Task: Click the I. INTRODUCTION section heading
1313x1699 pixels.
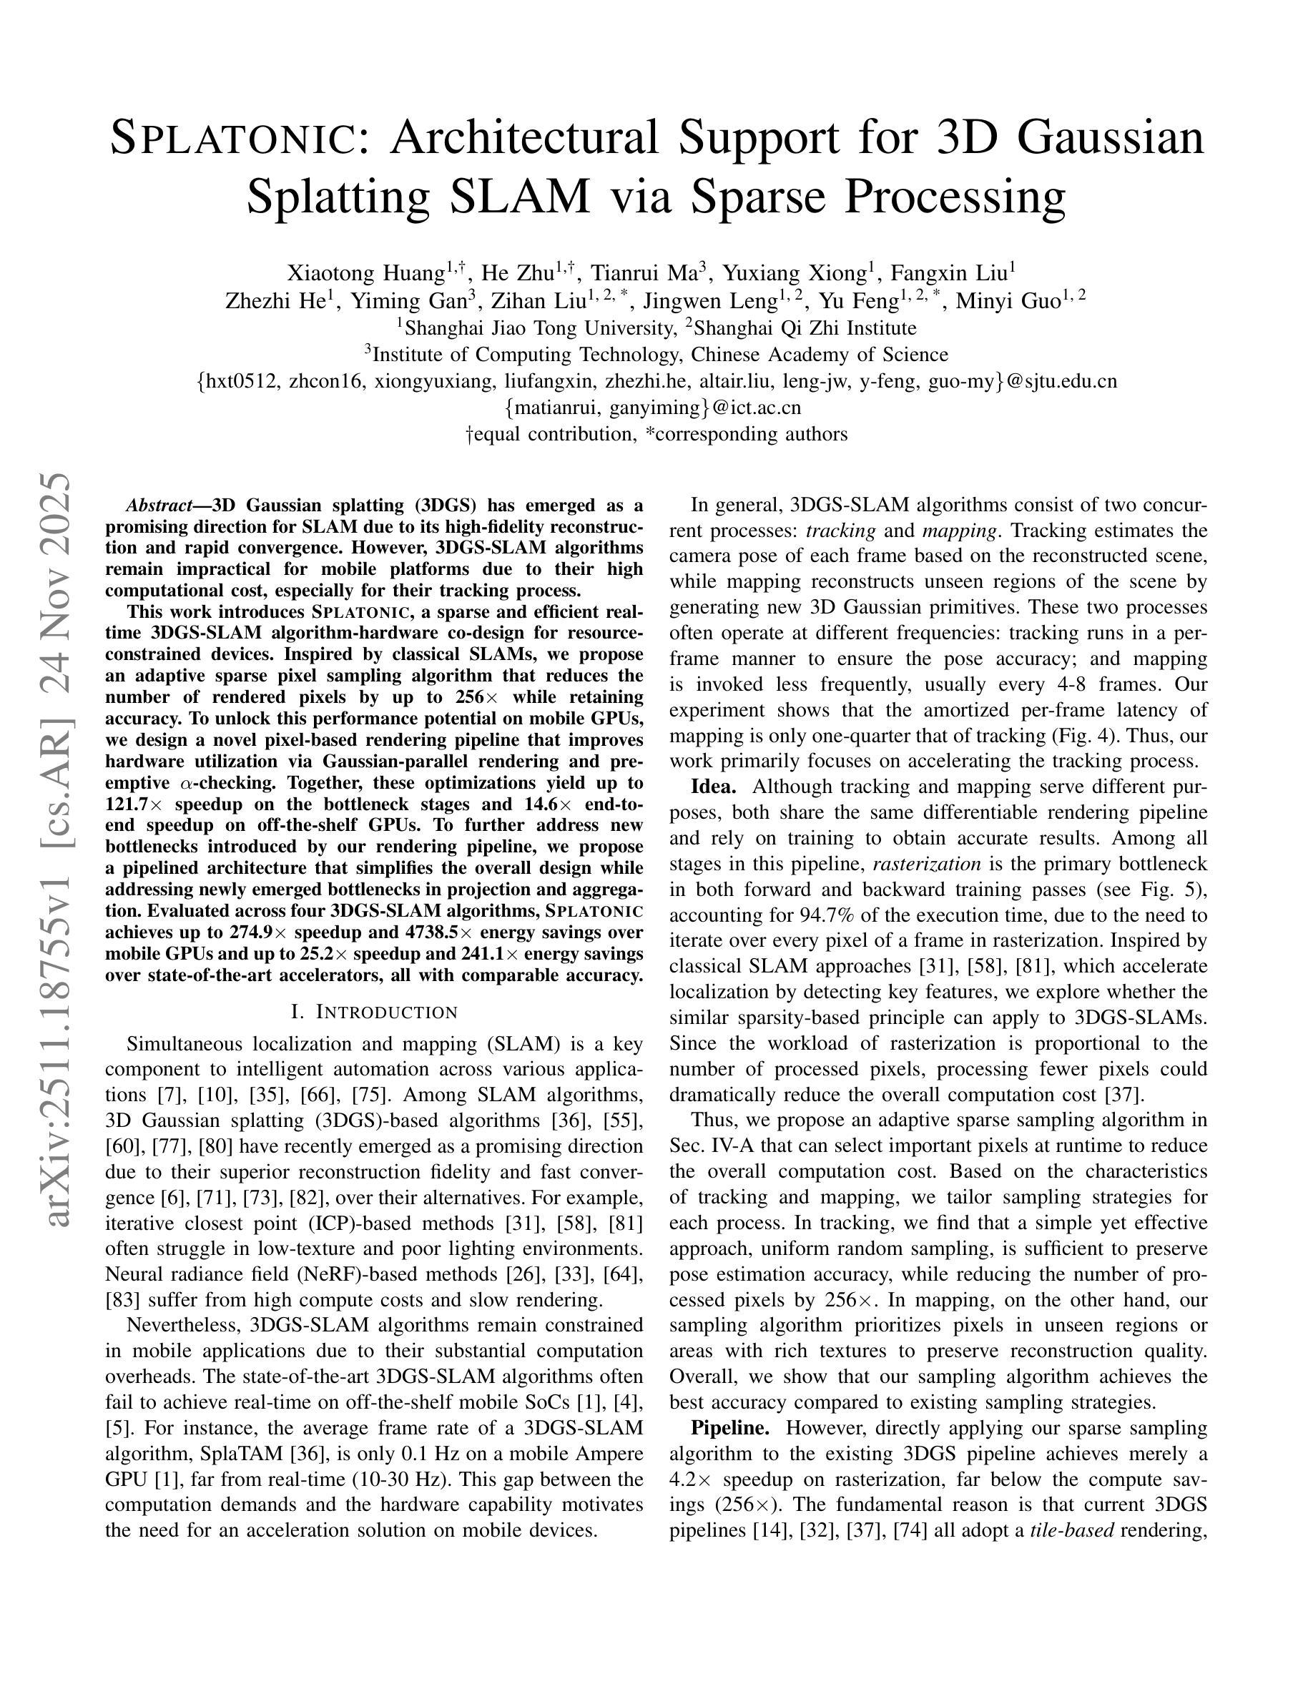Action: [374, 1012]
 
